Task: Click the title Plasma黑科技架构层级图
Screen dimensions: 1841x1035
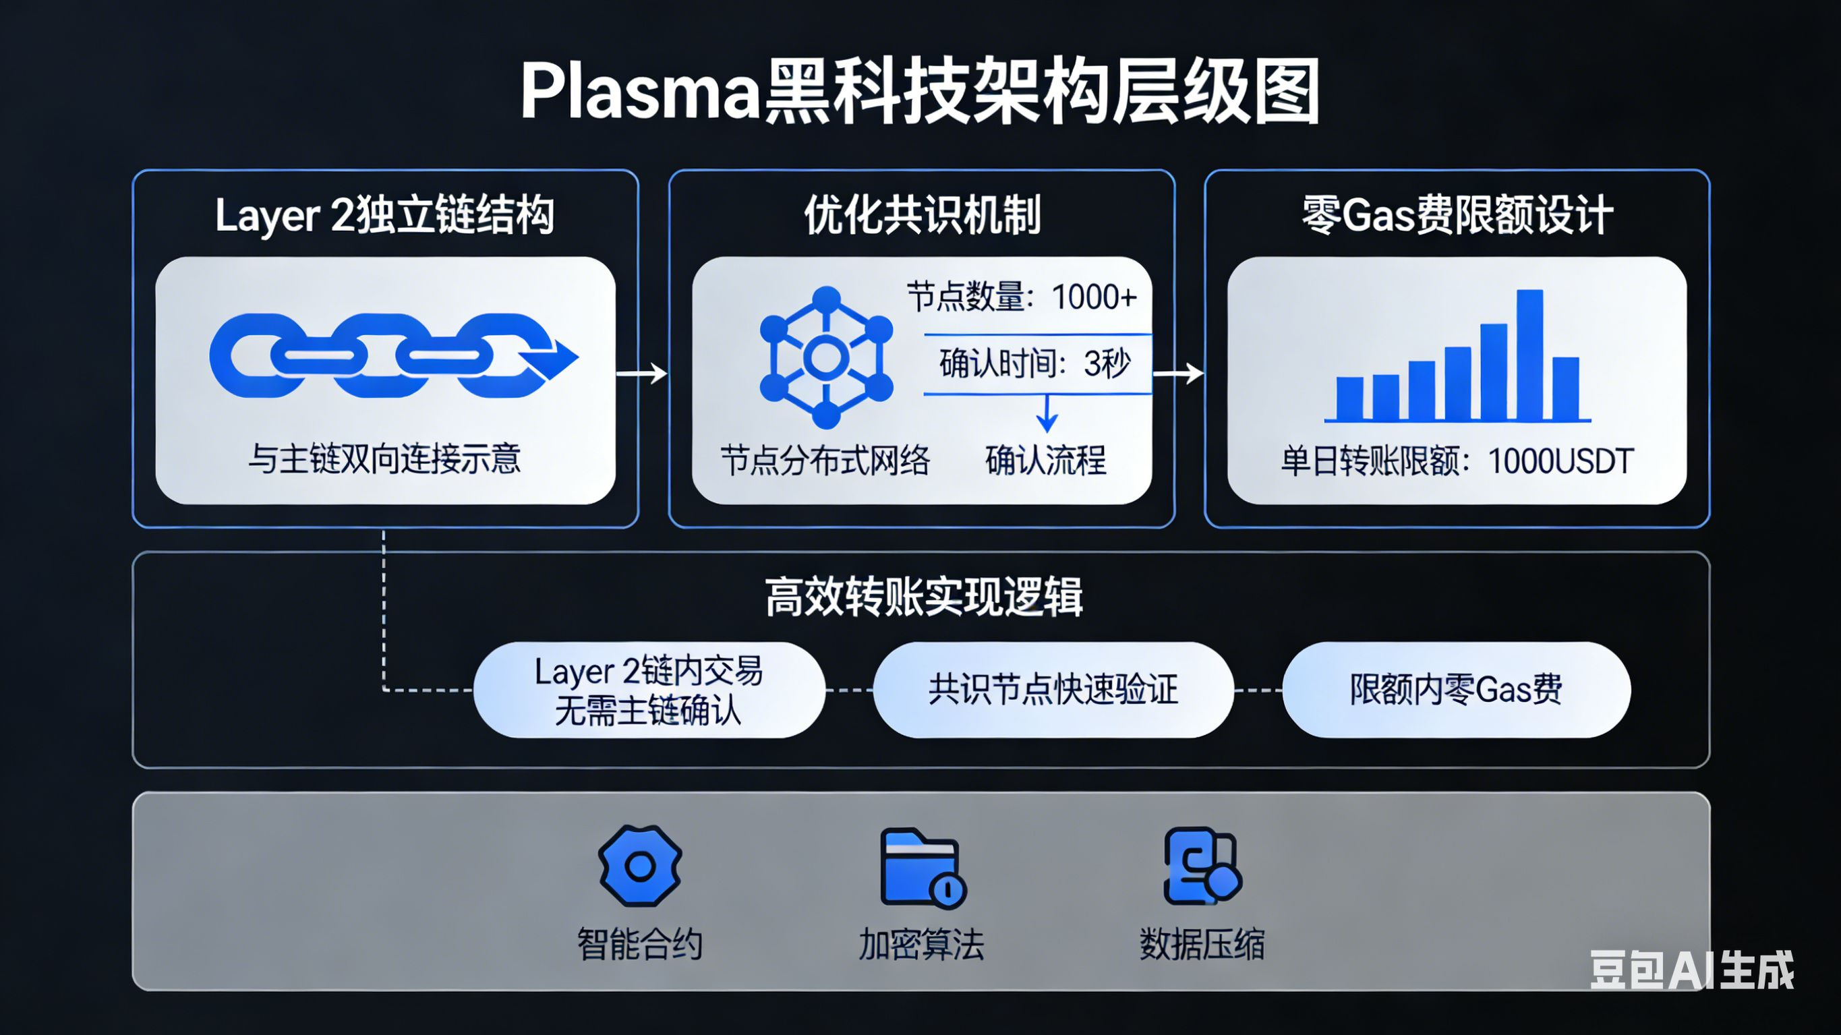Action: pos(920,92)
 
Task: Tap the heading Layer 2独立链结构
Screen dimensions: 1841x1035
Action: pos(384,214)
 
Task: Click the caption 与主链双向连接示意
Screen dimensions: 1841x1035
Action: pos(384,459)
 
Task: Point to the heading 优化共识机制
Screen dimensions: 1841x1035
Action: pos(922,214)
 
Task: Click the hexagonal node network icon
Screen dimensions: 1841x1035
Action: pos(826,357)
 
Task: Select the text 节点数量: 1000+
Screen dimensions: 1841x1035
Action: pos(1022,297)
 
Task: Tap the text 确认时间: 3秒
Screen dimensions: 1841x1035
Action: pos(1035,364)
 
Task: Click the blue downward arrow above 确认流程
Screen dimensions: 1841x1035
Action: pos(1047,413)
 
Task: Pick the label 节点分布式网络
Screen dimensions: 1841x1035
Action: pos(825,461)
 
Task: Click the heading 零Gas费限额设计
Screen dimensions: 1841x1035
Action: pos(1457,214)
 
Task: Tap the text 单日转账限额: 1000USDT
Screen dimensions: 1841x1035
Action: pos(1457,461)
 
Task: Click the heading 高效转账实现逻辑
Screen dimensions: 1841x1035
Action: pos(923,597)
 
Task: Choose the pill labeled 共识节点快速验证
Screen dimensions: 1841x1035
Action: pos(1053,690)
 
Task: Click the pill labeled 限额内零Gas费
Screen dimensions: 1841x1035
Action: pos(1456,690)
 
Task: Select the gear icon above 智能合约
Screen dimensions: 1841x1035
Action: pos(640,866)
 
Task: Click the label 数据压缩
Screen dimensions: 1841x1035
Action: pos(1202,944)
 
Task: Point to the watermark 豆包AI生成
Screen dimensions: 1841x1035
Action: pos(1692,970)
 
